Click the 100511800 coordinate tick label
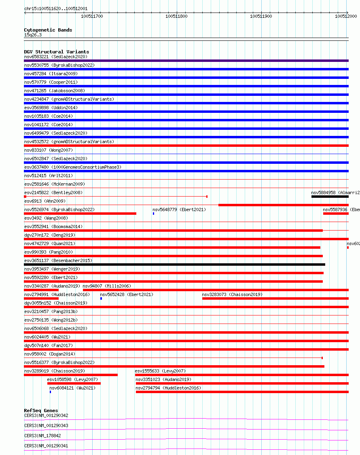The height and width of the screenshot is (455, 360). point(176,16)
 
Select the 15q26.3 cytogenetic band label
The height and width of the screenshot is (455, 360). point(33,35)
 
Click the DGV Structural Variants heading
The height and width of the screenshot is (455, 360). point(56,52)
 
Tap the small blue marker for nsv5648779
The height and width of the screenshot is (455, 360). point(153,214)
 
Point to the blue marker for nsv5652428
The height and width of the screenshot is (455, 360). point(101,298)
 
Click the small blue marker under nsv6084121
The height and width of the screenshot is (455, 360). point(50,392)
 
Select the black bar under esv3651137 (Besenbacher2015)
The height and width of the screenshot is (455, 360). point(174,265)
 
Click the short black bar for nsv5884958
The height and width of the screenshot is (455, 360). point(330,197)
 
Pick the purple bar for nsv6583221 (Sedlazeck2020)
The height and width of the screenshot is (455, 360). point(186,61)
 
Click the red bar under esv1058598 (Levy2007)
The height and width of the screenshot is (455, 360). point(74,383)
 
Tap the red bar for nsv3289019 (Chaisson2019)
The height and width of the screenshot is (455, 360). point(71,375)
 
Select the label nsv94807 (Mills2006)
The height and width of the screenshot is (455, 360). point(107,286)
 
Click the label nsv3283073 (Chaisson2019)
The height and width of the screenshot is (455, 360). point(232,294)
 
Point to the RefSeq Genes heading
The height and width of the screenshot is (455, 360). point(41,411)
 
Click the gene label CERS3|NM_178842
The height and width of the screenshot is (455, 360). point(42,436)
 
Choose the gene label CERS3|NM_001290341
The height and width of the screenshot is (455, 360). point(46,446)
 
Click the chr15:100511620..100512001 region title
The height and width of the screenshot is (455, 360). point(56,8)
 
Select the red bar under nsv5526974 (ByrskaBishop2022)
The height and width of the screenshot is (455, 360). point(80,214)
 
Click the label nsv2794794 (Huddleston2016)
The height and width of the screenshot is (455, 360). point(168,388)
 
